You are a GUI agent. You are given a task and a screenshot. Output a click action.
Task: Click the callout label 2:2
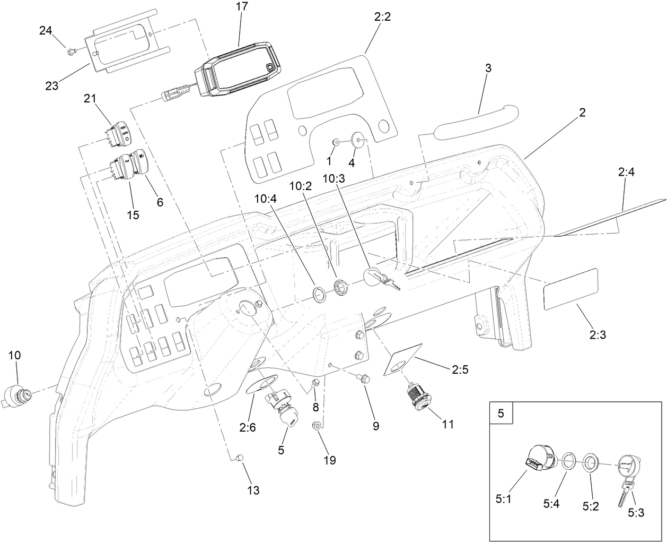pyautogui.click(x=382, y=17)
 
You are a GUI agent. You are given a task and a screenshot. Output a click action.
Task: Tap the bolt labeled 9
pyautogui.click(x=365, y=378)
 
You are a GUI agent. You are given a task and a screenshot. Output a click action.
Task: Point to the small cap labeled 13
pyautogui.click(x=239, y=457)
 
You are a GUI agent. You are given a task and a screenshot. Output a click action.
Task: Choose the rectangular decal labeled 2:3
pyautogui.click(x=571, y=289)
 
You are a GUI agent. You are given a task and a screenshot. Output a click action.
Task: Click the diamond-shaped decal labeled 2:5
pyautogui.click(x=402, y=362)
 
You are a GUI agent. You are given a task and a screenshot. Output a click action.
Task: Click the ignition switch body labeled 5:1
pyautogui.click(x=539, y=457)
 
